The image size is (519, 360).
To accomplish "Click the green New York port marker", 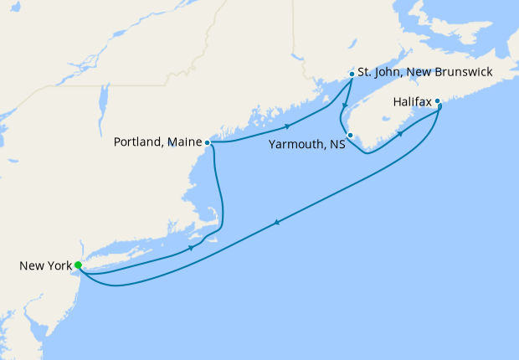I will (x=78, y=265).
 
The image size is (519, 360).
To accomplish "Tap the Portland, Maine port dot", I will (x=207, y=142).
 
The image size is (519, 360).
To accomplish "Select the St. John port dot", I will (x=351, y=74).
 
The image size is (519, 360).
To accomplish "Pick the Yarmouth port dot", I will (x=350, y=136).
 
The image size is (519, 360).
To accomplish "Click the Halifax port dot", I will (x=437, y=101).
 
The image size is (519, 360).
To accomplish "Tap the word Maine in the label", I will (x=185, y=142).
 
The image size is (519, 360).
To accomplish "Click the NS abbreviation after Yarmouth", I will (x=337, y=145).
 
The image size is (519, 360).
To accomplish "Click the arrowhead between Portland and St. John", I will (x=288, y=126).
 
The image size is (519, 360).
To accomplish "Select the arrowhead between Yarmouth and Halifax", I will (x=400, y=134).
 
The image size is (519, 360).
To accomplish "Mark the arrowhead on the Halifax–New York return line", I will (x=276, y=222).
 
